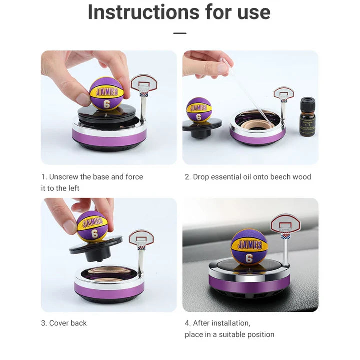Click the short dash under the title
(x=180, y=33)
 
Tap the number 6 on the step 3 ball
(x=94, y=233)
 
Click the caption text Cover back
(x=67, y=323)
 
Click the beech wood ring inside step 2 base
(x=257, y=122)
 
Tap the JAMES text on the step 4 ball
(x=249, y=245)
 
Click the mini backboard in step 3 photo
(x=141, y=238)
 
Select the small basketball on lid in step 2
(x=199, y=109)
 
